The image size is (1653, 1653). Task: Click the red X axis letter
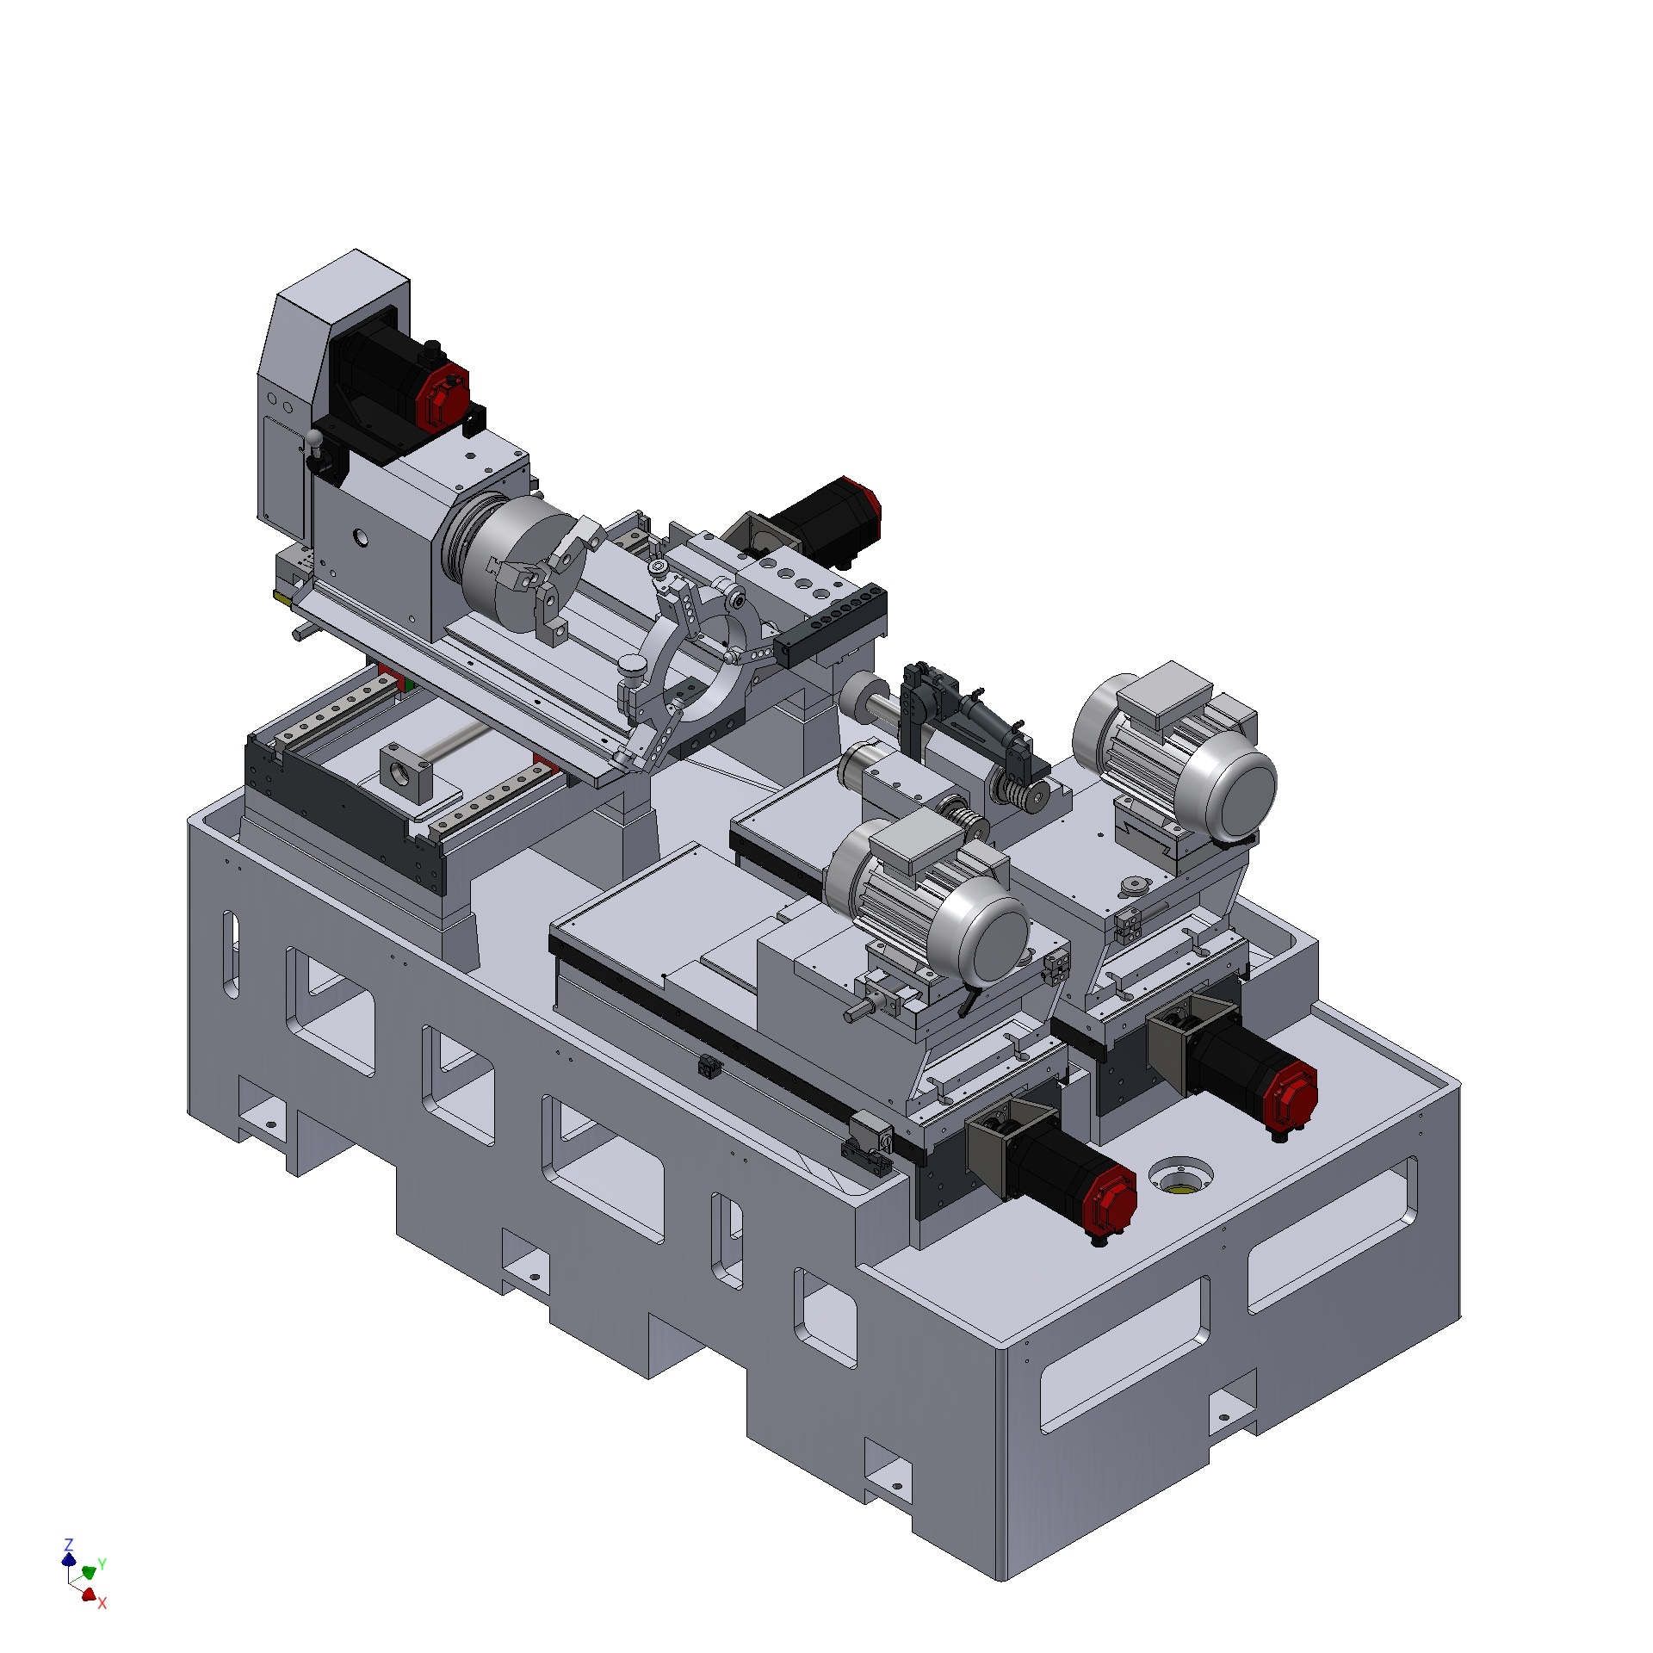point(102,1603)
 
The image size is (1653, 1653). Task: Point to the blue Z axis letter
point(69,1544)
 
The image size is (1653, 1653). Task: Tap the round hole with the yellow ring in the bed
point(1180,1176)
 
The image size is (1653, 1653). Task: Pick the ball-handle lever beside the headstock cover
point(319,451)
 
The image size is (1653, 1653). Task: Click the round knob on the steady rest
point(632,666)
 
